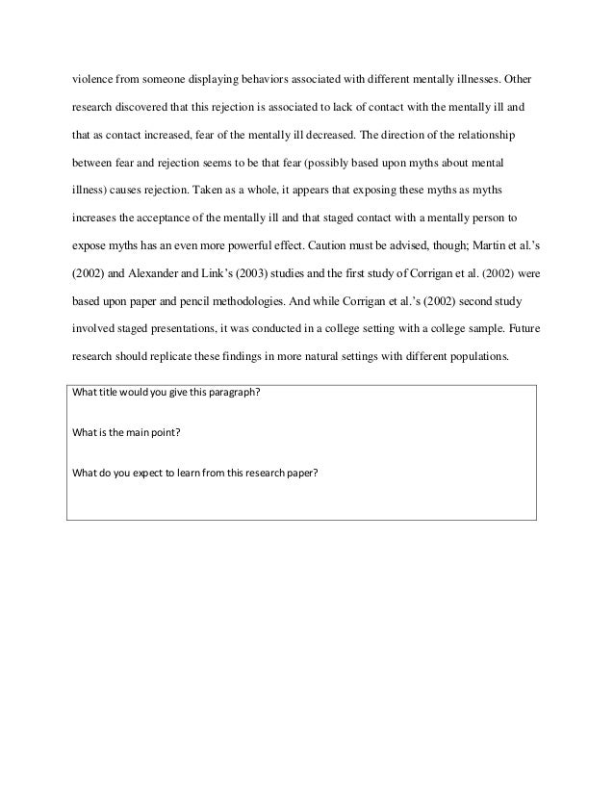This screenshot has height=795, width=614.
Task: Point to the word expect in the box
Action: point(145,471)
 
